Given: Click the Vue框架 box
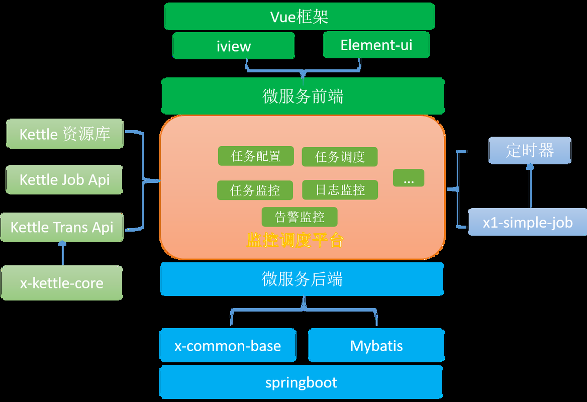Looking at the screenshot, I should pos(299,16).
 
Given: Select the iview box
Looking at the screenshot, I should pos(233,46).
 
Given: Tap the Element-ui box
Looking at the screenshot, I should pos(376,45).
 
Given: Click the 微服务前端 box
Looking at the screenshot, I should pos(303,95).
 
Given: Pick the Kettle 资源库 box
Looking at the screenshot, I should pos(64,134).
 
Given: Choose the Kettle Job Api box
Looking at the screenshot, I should pos(64,179).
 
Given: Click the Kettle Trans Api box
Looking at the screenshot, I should pos(62,227).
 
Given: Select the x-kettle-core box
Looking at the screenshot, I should pos(62,283).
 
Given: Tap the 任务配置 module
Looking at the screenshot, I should pos(256,156).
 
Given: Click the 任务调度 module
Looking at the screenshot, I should pos(339,157).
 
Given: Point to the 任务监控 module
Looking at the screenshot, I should pos(255,190).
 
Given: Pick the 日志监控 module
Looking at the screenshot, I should pos(340,190).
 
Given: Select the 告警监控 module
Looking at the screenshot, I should pos(299,217).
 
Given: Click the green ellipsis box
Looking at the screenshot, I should pos(408,178).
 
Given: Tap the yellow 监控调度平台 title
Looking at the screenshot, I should pos(295,241).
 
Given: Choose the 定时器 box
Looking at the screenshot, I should pos(530,150).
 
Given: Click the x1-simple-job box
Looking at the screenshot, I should pos(527,222).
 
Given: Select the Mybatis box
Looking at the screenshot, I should pos(376,346).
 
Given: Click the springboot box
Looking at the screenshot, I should pos(301,382).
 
